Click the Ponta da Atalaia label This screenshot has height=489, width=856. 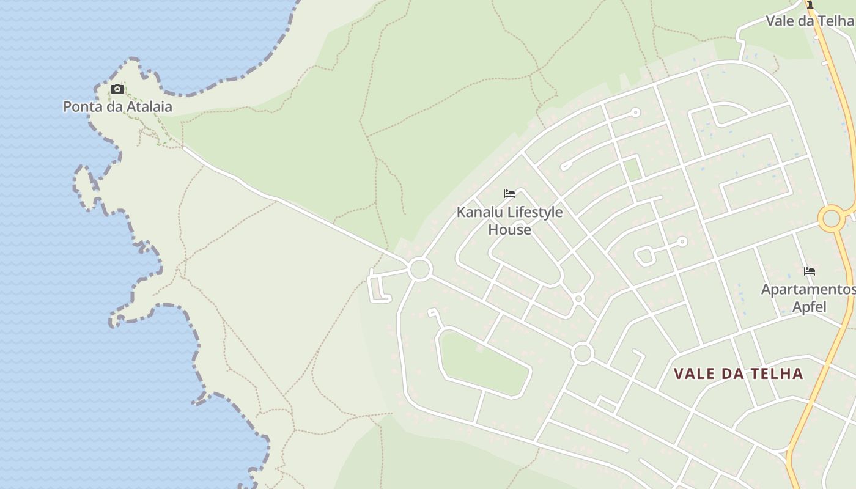[117, 107]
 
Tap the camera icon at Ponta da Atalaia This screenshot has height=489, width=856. [117, 89]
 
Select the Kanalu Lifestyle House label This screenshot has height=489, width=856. [509, 221]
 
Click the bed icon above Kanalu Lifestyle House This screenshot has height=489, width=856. [509, 194]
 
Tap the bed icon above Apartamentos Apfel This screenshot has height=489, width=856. [810, 271]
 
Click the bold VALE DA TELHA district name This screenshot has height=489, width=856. [738, 373]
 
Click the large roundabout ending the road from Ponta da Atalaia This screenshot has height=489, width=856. [420, 269]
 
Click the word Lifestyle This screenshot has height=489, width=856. [533, 212]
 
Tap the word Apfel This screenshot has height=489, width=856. [809, 306]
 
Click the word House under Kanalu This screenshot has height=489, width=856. [509, 230]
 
